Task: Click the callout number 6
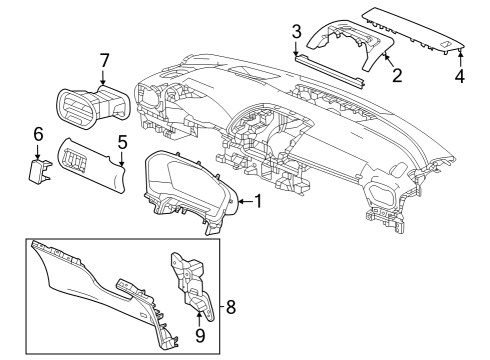point(38,133)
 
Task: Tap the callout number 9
point(199,336)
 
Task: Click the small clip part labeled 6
point(36,171)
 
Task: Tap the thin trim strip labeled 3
point(330,69)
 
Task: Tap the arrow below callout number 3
point(297,52)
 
